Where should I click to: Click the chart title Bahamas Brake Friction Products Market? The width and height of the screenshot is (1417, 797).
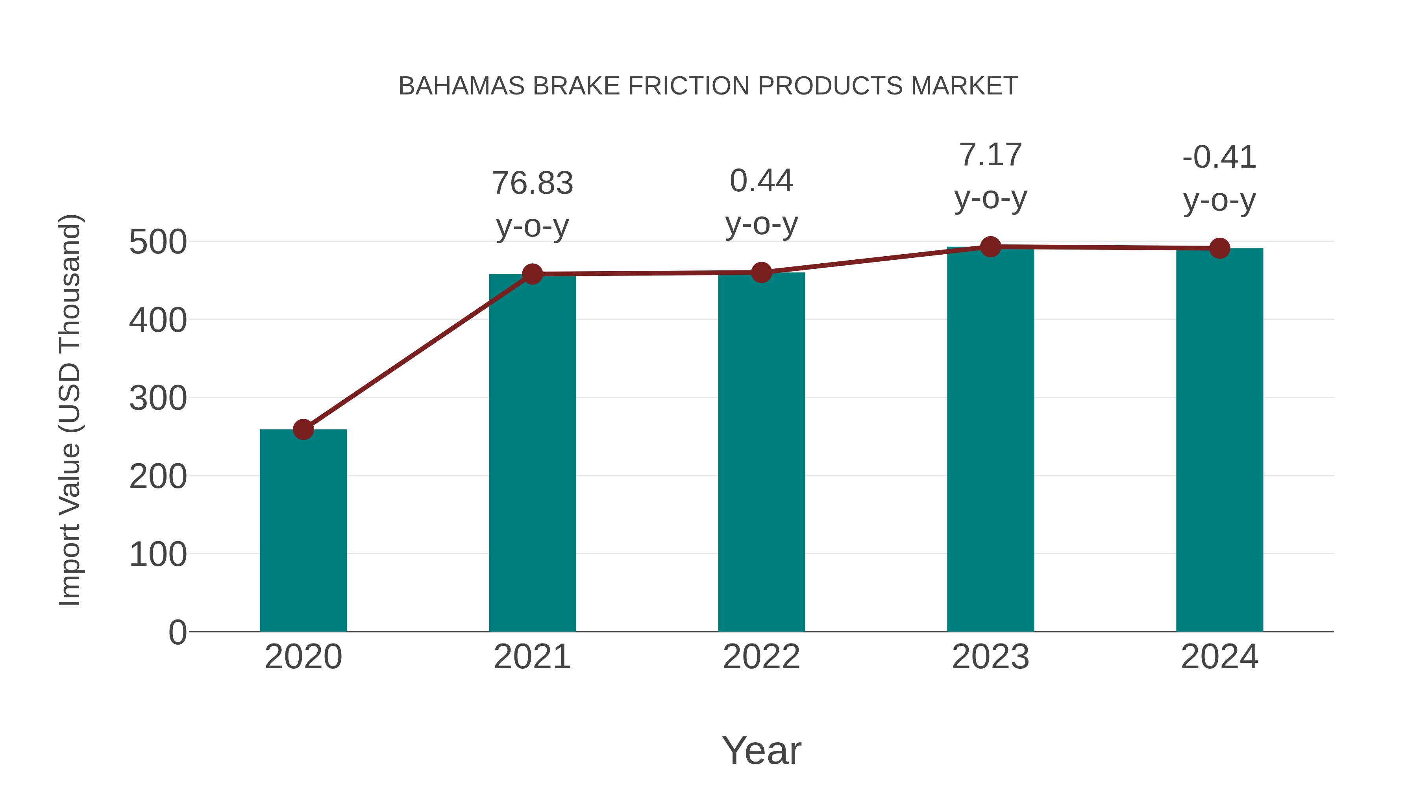click(x=708, y=86)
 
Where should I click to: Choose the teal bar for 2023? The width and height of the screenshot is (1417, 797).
click(x=990, y=440)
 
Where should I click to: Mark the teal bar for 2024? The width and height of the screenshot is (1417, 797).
click(x=1219, y=440)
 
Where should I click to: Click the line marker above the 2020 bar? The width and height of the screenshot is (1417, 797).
click(x=303, y=429)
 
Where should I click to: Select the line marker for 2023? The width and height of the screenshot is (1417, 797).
click(x=990, y=247)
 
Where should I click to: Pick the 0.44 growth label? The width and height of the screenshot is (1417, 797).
click(x=761, y=202)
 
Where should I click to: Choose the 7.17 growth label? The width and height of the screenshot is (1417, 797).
click(x=990, y=176)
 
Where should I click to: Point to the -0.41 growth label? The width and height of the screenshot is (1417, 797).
click(x=1219, y=178)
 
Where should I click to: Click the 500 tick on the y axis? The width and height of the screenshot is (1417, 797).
click(x=157, y=242)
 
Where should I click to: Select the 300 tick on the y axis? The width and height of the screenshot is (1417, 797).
click(x=157, y=398)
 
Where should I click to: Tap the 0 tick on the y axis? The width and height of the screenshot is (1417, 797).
click(x=177, y=632)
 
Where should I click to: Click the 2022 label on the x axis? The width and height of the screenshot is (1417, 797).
click(x=761, y=657)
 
